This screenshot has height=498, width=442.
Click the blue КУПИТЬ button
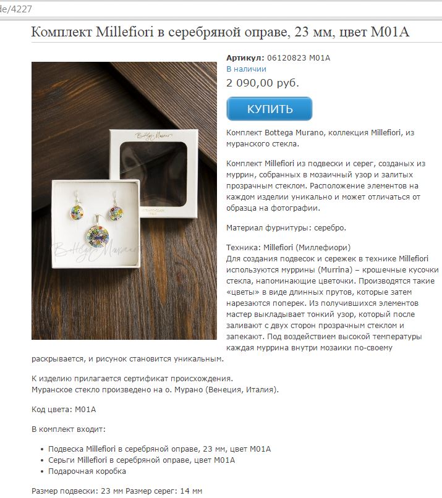point(270,109)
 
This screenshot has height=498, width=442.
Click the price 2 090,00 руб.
point(262,82)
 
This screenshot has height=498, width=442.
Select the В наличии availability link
point(246,69)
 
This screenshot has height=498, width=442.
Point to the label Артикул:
point(245,58)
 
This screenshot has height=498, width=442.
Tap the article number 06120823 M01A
point(299,58)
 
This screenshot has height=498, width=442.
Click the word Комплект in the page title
point(62,32)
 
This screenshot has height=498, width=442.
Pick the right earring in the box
point(116,211)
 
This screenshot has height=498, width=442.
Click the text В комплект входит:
point(69,429)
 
